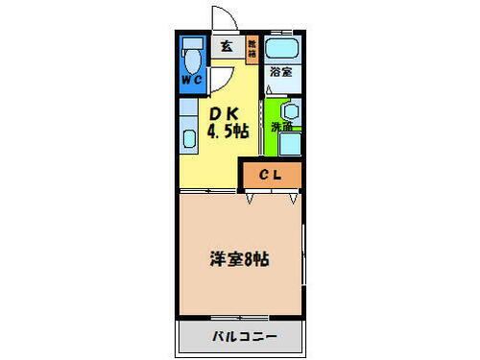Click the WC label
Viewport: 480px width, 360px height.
[190, 80]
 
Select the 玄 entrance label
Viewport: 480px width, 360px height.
[227, 45]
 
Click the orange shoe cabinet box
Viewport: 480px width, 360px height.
[252, 47]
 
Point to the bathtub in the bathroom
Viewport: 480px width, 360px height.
[282, 48]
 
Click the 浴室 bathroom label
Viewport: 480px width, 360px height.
[281, 73]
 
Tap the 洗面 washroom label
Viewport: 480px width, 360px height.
[280, 127]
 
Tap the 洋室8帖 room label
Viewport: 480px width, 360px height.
[239, 258]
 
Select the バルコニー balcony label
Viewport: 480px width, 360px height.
[244, 337]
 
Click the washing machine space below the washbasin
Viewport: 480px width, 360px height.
[291, 144]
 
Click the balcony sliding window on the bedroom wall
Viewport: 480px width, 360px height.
[240, 317]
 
